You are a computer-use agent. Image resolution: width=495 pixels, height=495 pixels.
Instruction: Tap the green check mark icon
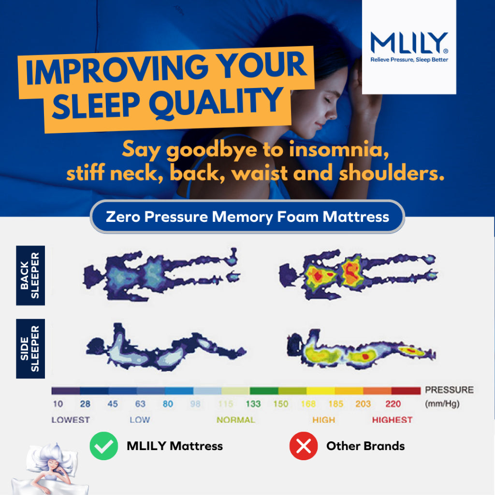(104, 445)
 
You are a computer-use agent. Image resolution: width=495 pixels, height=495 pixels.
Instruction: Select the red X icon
(304, 445)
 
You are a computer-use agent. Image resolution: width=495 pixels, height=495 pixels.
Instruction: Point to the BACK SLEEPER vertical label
(30, 275)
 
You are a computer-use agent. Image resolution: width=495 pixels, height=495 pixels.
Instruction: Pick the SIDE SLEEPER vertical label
(30, 349)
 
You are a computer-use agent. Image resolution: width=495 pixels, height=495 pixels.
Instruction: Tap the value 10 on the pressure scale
(58, 404)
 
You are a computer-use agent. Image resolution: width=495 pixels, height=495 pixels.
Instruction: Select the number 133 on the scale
(253, 404)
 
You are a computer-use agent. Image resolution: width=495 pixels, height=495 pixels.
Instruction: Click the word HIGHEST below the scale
(392, 420)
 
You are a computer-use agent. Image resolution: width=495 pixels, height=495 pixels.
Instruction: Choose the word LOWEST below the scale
(71, 420)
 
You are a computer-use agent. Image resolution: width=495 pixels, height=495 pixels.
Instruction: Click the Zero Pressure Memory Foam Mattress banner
(247, 217)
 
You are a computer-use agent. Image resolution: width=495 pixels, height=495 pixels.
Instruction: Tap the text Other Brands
(365, 446)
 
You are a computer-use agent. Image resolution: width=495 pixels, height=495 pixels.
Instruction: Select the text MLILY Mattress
(175, 446)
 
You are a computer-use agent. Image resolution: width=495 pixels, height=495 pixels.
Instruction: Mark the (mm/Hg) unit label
(442, 404)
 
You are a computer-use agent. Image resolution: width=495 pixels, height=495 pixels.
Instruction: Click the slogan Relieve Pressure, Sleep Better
(409, 60)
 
